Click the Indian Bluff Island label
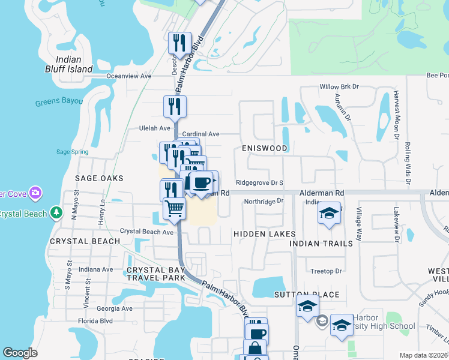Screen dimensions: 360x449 [74, 64]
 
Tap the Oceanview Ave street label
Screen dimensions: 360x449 [128, 76]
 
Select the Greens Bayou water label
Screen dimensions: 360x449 [59, 102]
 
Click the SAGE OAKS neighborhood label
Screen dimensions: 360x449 [99, 178]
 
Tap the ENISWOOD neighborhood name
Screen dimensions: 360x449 [265, 148]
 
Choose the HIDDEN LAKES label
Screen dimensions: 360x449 [264, 233]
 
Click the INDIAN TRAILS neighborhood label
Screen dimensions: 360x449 [321, 244]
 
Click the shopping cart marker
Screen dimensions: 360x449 [174, 209]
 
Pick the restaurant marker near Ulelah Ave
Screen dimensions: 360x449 [175, 107]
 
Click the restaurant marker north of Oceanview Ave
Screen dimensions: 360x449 [179, 43]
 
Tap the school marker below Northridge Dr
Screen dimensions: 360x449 [329, 214]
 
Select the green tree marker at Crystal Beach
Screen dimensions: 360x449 [56, 213]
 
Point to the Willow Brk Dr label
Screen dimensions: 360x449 [339, 87]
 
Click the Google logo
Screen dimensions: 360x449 [20, 353]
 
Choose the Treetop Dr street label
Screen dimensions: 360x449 [326, 271]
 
